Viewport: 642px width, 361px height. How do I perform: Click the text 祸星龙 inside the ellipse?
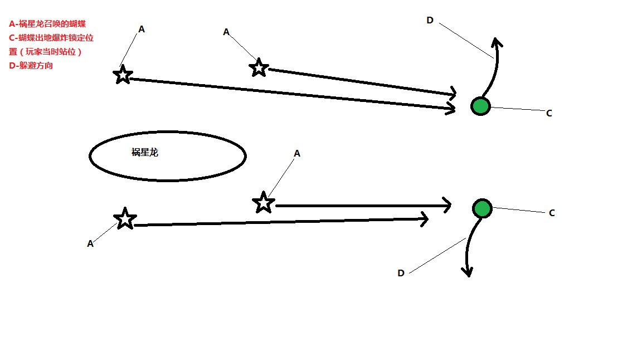(145, 153)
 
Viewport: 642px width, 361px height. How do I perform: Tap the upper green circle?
(480, 106)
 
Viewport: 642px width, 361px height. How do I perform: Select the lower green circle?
(482, 208)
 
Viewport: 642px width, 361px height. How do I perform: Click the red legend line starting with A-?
(47, 24)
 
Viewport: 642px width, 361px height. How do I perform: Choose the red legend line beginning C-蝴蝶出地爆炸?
(50, 38)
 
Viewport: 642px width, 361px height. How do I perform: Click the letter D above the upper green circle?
(430, 21)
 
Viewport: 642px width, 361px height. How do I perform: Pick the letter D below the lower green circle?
(401, 273)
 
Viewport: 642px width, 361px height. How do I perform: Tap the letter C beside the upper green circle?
(549, 113)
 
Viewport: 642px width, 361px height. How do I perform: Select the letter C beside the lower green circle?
(552, 213)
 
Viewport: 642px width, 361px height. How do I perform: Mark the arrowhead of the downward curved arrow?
(468, 272)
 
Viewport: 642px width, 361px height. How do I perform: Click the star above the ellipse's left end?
(123, 75)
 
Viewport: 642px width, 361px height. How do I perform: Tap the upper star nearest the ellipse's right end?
(258, 68)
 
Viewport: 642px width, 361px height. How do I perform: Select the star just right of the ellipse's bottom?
(264, 202)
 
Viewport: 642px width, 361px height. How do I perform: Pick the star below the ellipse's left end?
(125, 219)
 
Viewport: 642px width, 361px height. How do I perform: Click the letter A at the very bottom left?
(90, 243)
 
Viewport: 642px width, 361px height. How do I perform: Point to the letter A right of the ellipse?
(297, 153)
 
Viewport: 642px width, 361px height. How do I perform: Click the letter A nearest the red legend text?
(142, 29)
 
